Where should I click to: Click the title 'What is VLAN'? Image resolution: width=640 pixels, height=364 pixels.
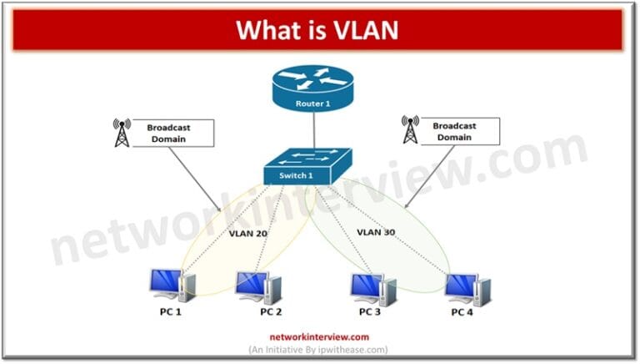click(317, 29)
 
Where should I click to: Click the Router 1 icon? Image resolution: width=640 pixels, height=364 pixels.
click(312, 88)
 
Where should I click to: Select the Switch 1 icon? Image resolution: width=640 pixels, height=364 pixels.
click(307, 167)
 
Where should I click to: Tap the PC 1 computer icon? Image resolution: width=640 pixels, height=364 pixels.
click(172, 285)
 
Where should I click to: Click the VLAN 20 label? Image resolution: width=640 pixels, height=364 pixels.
click(248, 235)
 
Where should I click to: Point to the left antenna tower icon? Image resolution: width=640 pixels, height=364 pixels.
click(122, 132)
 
